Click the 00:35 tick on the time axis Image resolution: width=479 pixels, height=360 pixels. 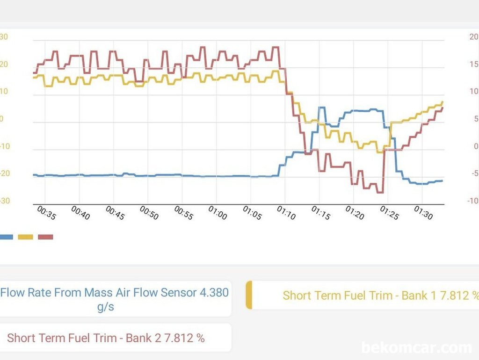[46, 214]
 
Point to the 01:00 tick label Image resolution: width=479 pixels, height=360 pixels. [218, 214]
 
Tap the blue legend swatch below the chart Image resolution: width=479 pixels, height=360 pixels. [6, 237]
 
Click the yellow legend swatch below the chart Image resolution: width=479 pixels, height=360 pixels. [25, 237]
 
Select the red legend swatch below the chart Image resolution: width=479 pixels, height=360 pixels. [45, 237]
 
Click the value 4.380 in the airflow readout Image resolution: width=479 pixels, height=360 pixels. [214, 293]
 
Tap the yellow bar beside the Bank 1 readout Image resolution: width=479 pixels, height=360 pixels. [249, 295]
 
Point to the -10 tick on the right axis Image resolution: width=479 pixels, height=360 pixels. [473, 201]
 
